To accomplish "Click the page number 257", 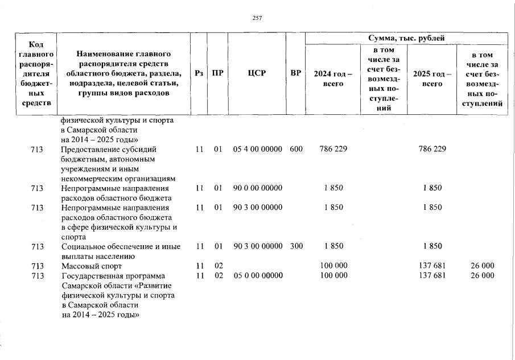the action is (257, 18).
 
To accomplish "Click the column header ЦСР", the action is (257, 73).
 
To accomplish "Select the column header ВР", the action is (295, 73).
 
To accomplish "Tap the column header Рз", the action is (199, 73).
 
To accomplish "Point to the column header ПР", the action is (217, 73).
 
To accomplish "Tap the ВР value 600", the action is (296, 149).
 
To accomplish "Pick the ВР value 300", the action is (296, 246).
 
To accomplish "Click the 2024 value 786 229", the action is (333, 149).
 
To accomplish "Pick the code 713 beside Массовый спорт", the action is (38, 266).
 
